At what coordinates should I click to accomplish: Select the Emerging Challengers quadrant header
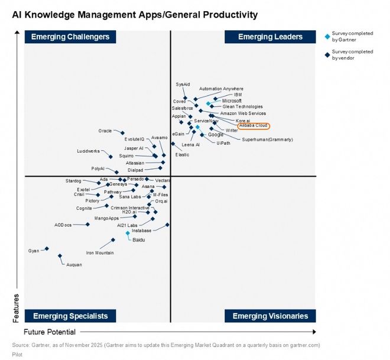tap(70, 37)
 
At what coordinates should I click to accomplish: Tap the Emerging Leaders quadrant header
tap(270, 37)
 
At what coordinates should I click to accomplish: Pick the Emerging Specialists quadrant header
tap(70, 316)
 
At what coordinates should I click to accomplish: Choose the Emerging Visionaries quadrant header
tap(270, 316)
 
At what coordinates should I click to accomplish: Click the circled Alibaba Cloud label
tap(253, 126)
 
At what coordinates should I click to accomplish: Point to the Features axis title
tap(16, 308)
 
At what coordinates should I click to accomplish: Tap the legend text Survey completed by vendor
tap(352, 54)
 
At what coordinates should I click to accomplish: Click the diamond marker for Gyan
tap(47, 249)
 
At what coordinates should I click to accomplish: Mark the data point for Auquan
tap(60, 256)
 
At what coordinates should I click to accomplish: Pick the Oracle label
tap(105, 131)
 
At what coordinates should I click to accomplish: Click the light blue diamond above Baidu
tap(128, 233)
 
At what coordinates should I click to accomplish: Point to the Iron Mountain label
tap(100, 253)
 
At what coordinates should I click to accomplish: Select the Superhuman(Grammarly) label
tap(267, 140)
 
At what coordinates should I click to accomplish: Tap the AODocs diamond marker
tap(87, 224)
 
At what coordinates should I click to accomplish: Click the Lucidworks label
tap(89, 151)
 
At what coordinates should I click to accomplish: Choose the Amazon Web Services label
tap(243, 113)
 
